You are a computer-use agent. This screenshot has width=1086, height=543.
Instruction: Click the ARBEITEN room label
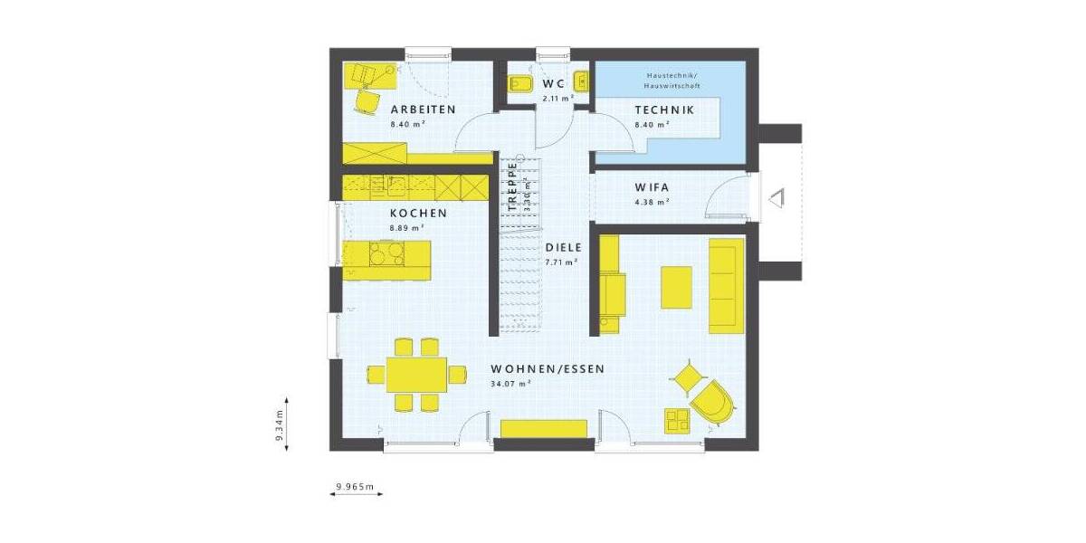[x=423, y=110]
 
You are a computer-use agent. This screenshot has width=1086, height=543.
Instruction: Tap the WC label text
[x=554, y=83]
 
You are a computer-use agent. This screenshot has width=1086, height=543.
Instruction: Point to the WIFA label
[x=653, y=187]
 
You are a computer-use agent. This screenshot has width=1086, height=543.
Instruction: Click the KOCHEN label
[x=418, y=214]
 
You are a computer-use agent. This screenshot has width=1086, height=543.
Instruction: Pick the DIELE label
[x=562, y=247]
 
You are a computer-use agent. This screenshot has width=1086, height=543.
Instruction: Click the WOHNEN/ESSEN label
[x=547, y=369]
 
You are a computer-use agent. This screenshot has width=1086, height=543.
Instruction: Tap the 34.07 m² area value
[x=510, y=384]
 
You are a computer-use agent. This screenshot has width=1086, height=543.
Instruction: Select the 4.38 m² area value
[x=653, y=202]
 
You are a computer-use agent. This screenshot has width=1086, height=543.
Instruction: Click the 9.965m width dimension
[x=355, y=487]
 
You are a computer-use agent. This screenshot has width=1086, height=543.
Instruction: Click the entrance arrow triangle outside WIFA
[x=776, y=197]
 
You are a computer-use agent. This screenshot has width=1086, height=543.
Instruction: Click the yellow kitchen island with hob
[x=386, y=260]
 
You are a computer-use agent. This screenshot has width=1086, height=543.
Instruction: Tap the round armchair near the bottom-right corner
[x=712, y=401]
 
